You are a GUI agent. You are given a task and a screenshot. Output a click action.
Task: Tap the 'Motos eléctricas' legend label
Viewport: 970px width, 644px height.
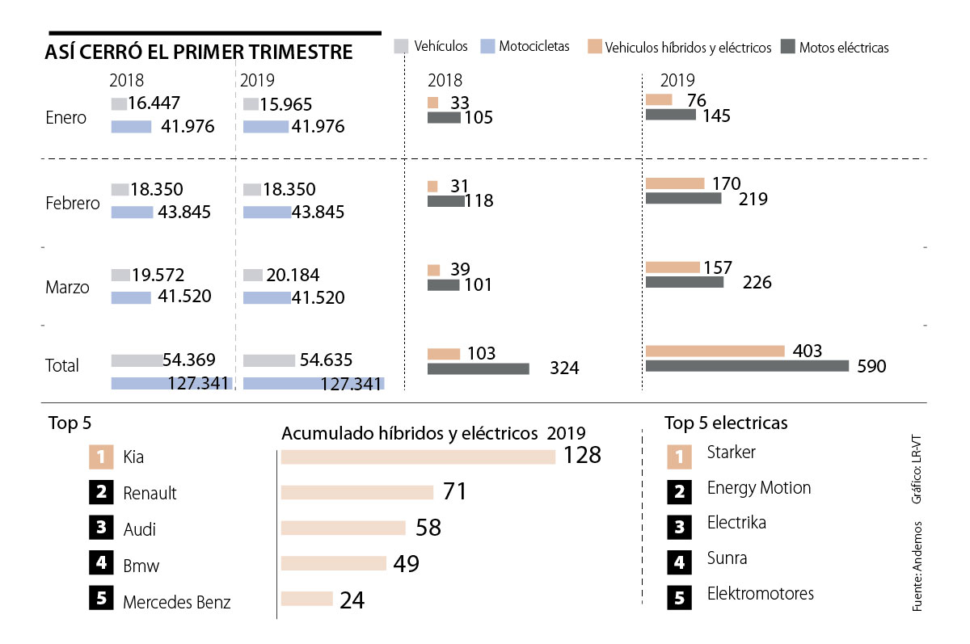(844, 48)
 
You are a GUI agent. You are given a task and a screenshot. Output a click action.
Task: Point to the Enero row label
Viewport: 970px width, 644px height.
(66, 117)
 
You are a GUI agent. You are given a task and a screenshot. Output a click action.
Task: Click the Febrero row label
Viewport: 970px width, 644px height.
(73, 203)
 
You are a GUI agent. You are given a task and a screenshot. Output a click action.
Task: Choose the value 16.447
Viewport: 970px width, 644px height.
(154, 103)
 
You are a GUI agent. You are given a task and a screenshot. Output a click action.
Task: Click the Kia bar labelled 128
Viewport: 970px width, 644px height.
(418, 457)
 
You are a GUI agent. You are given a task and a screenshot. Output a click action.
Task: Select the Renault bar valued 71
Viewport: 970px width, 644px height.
(356, 492)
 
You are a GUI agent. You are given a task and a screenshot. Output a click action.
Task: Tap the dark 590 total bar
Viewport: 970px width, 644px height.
(747, 366)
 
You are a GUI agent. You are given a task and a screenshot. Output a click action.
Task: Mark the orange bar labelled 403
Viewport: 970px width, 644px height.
(715, 351)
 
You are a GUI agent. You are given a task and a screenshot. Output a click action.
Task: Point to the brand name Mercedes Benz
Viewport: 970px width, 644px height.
(177, 602)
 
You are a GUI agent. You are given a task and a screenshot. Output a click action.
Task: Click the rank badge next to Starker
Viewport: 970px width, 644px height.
(679, 457)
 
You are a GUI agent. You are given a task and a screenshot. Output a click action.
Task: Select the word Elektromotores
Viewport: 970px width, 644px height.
(760, 594)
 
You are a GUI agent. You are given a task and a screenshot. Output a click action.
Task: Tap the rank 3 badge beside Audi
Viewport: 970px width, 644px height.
(101, 528)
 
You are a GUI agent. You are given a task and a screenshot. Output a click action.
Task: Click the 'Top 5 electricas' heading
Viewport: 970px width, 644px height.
(726, 423)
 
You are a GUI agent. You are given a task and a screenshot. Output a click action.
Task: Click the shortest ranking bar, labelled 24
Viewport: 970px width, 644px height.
(306, 599)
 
